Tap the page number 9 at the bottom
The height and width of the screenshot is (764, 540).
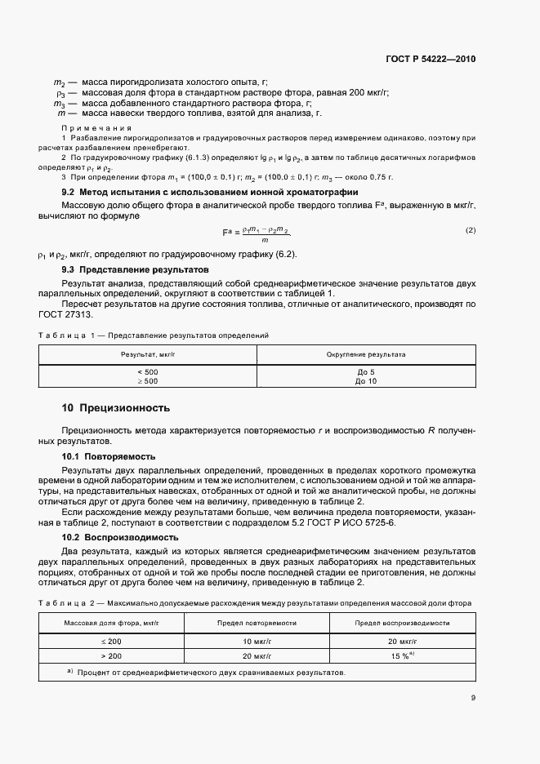(x=473, y=698)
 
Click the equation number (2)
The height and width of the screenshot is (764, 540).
(x=470, y=230)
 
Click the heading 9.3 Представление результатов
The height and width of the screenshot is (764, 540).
(x=136, y=269)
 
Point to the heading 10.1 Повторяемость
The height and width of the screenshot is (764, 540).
(x=109, y=456)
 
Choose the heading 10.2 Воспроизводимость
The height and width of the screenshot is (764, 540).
(x=120, y=538)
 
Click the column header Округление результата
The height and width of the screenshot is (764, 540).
(x=366, y=355)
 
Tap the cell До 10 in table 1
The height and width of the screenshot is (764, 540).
(x=366, y=381)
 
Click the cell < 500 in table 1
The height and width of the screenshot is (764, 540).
(x=149, y=371)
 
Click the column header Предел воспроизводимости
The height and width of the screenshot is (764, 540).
(x=401, y=623)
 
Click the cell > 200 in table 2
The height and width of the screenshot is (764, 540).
(x=114, y=655)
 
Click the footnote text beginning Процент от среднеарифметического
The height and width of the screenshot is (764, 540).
(x=212, y=673)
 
